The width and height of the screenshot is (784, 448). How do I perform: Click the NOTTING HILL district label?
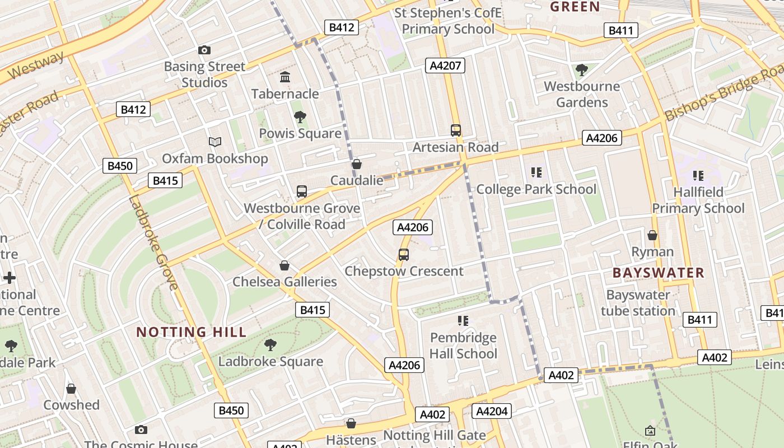coord(192,332)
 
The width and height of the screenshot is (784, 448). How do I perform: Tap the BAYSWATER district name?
coord(658,273)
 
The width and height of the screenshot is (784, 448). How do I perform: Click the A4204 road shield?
coord(492,412)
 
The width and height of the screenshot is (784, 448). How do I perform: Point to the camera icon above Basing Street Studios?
coord(204,50)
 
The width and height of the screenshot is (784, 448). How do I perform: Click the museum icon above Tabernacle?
coord(285,77)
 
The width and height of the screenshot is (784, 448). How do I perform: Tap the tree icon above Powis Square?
coord(300,117)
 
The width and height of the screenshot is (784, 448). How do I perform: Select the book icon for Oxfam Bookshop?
coord(215,142)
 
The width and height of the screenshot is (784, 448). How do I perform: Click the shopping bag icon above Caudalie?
coord(357,164)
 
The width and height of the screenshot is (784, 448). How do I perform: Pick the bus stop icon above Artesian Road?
coord(456,130)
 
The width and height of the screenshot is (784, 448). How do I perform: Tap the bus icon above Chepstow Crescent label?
coord(404,255)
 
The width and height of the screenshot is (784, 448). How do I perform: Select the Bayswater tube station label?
coord(638,303)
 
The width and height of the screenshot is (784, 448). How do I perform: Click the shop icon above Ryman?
coord(652,235)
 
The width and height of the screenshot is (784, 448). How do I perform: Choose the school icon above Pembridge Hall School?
coord(463,321)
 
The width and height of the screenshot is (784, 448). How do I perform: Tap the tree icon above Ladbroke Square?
coord(270,345)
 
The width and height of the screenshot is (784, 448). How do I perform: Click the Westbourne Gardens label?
coord(582,94)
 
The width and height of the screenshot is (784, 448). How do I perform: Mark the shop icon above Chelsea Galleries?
coord(284,265)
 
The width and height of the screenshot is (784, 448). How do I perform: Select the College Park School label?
coord(536,189)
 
